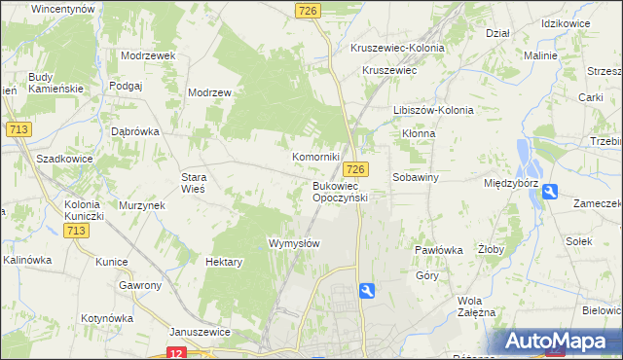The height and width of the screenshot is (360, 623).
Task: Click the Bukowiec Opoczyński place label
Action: click(x=339, y=191)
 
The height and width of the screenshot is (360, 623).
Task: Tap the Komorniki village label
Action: click(x=315, y=157)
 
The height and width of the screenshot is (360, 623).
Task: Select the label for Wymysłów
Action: click(x=293, y=243)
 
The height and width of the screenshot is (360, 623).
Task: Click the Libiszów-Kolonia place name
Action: click(x=433, y=110)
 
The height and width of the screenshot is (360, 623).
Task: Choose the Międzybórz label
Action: click(x=511, y=182)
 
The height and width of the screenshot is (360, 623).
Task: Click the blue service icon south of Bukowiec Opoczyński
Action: click(x=366, y=290)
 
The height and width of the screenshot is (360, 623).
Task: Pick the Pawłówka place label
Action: click(x=438, y=250)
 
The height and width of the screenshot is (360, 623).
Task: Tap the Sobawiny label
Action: click(x=417, y=178)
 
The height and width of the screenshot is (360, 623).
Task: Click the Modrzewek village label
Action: click(x=148, y=55)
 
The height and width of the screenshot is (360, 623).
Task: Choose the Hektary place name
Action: click(x=224, y=262)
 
